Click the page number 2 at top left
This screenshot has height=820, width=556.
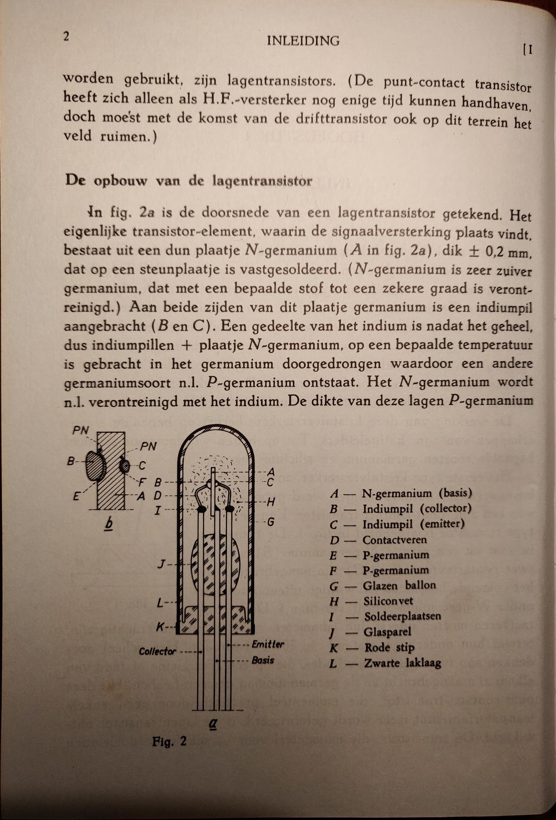coord(66,37)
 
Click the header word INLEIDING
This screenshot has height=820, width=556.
coord(303,41)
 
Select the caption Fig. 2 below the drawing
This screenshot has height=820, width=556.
coord(169,741)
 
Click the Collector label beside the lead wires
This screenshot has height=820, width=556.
coord(157,651)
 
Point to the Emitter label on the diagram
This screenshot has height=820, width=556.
coord(268,644)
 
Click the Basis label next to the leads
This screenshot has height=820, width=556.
coord(263,661)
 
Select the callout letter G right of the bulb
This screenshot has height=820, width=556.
coord(271,522)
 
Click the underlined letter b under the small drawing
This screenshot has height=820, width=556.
coord(108,524)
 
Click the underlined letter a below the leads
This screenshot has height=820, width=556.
coord(213,723)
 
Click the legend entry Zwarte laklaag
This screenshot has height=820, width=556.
coord(402,663)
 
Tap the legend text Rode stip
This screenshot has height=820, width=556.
coord(389,647)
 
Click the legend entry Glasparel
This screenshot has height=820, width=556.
coord(387,632)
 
